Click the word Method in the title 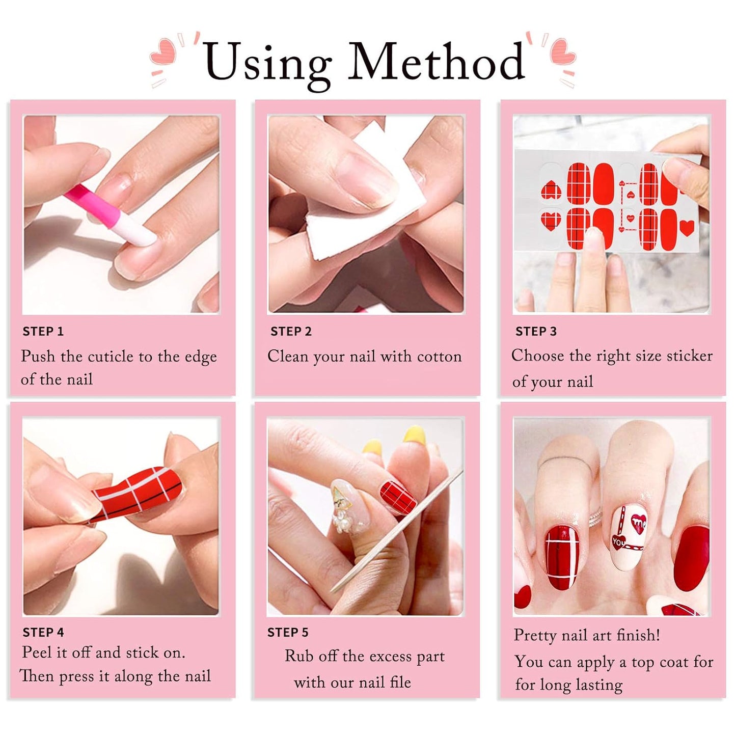[x=437, y=62]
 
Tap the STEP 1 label [x=43, y=332]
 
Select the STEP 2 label [x=291, y=332]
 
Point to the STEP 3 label [x=536, y=332]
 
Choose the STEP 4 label [x=43, y=633]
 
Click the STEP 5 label [x=288, y=633]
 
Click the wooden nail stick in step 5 [x=397, y=530]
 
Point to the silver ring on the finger [x=596, y=520]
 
